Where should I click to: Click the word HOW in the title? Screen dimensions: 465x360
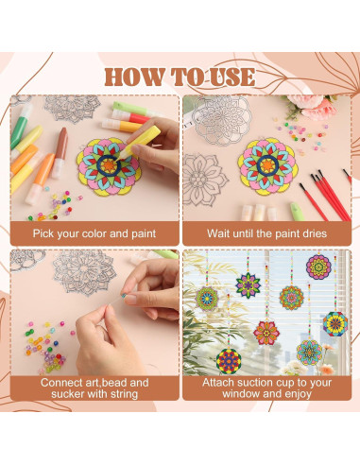coord(132,77)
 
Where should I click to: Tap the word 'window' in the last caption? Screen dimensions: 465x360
coord(242,394)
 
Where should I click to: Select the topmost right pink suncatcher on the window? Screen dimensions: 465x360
coord(318,267)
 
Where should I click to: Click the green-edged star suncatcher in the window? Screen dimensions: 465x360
coord(248,283)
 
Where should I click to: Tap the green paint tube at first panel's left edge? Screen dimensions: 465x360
coord(19,131)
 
